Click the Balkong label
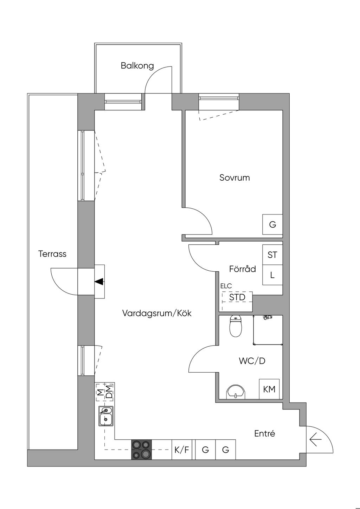tap(137, 66)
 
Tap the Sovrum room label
tap(234, 178)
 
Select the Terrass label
tap(52, 254)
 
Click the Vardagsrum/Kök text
tap(157, 313)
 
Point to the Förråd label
tap(243, 269)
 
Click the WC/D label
tap(252, 361)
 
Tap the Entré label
tap(264, 433)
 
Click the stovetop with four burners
tap(142, 450)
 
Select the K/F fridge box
tap(182, 450)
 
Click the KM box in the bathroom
tap(269, 389)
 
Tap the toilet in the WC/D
tap(235, 326)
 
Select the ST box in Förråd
tap(272, 255)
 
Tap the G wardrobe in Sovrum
tap(272, 225)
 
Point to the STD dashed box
tap(237, 297)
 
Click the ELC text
tap(226, 286)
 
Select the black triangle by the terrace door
tap(99, 281)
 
